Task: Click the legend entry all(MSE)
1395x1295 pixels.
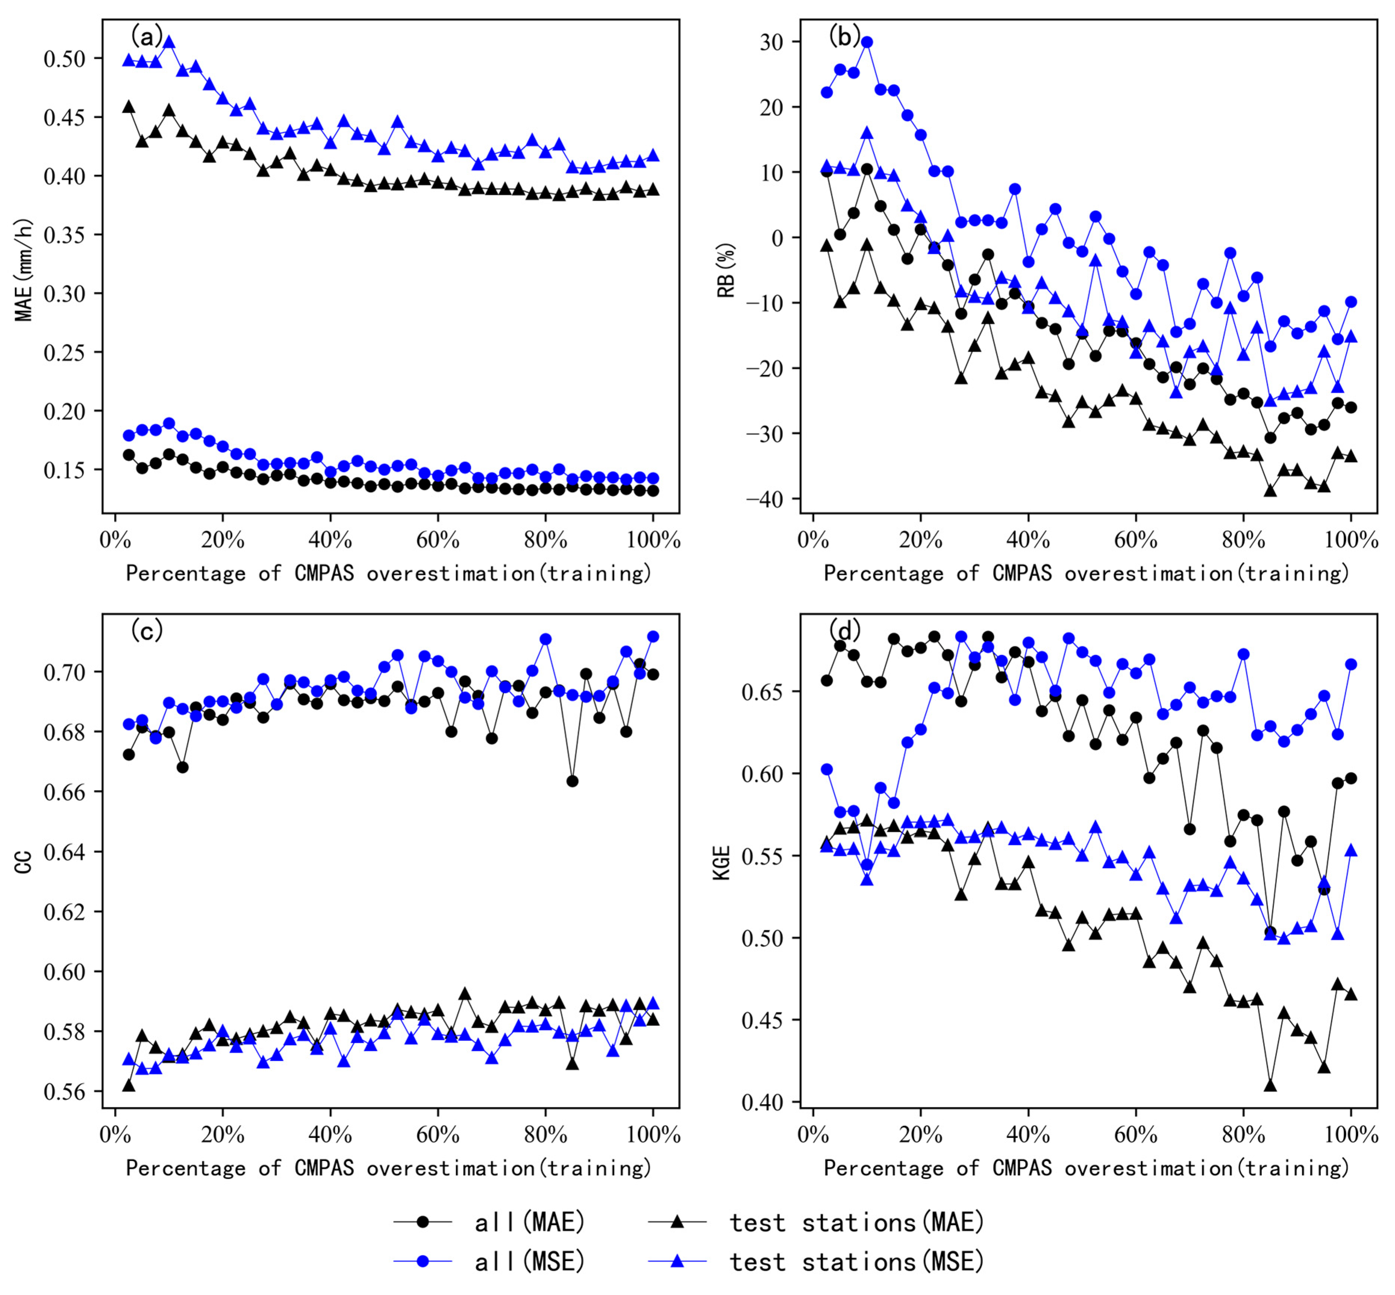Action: [529, 1261]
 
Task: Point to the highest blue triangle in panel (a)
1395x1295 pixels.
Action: [169, 42]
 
